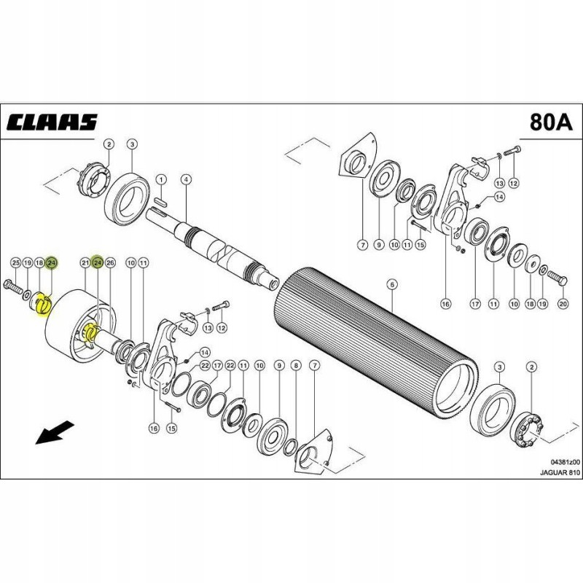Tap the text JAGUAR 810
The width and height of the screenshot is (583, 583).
tap(560, 473)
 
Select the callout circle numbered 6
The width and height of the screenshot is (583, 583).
tap(391, 283)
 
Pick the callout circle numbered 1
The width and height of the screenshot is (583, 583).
tap(162, 179)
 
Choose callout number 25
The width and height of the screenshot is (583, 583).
tap(15, 262)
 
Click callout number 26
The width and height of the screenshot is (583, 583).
tap(111, 262)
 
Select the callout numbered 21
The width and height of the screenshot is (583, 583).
tap(85, 262)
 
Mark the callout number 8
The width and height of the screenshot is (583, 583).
tap(295, 364)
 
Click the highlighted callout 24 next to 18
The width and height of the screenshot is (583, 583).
tap(52, 262)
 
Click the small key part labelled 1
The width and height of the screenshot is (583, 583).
tap(162, 195)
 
